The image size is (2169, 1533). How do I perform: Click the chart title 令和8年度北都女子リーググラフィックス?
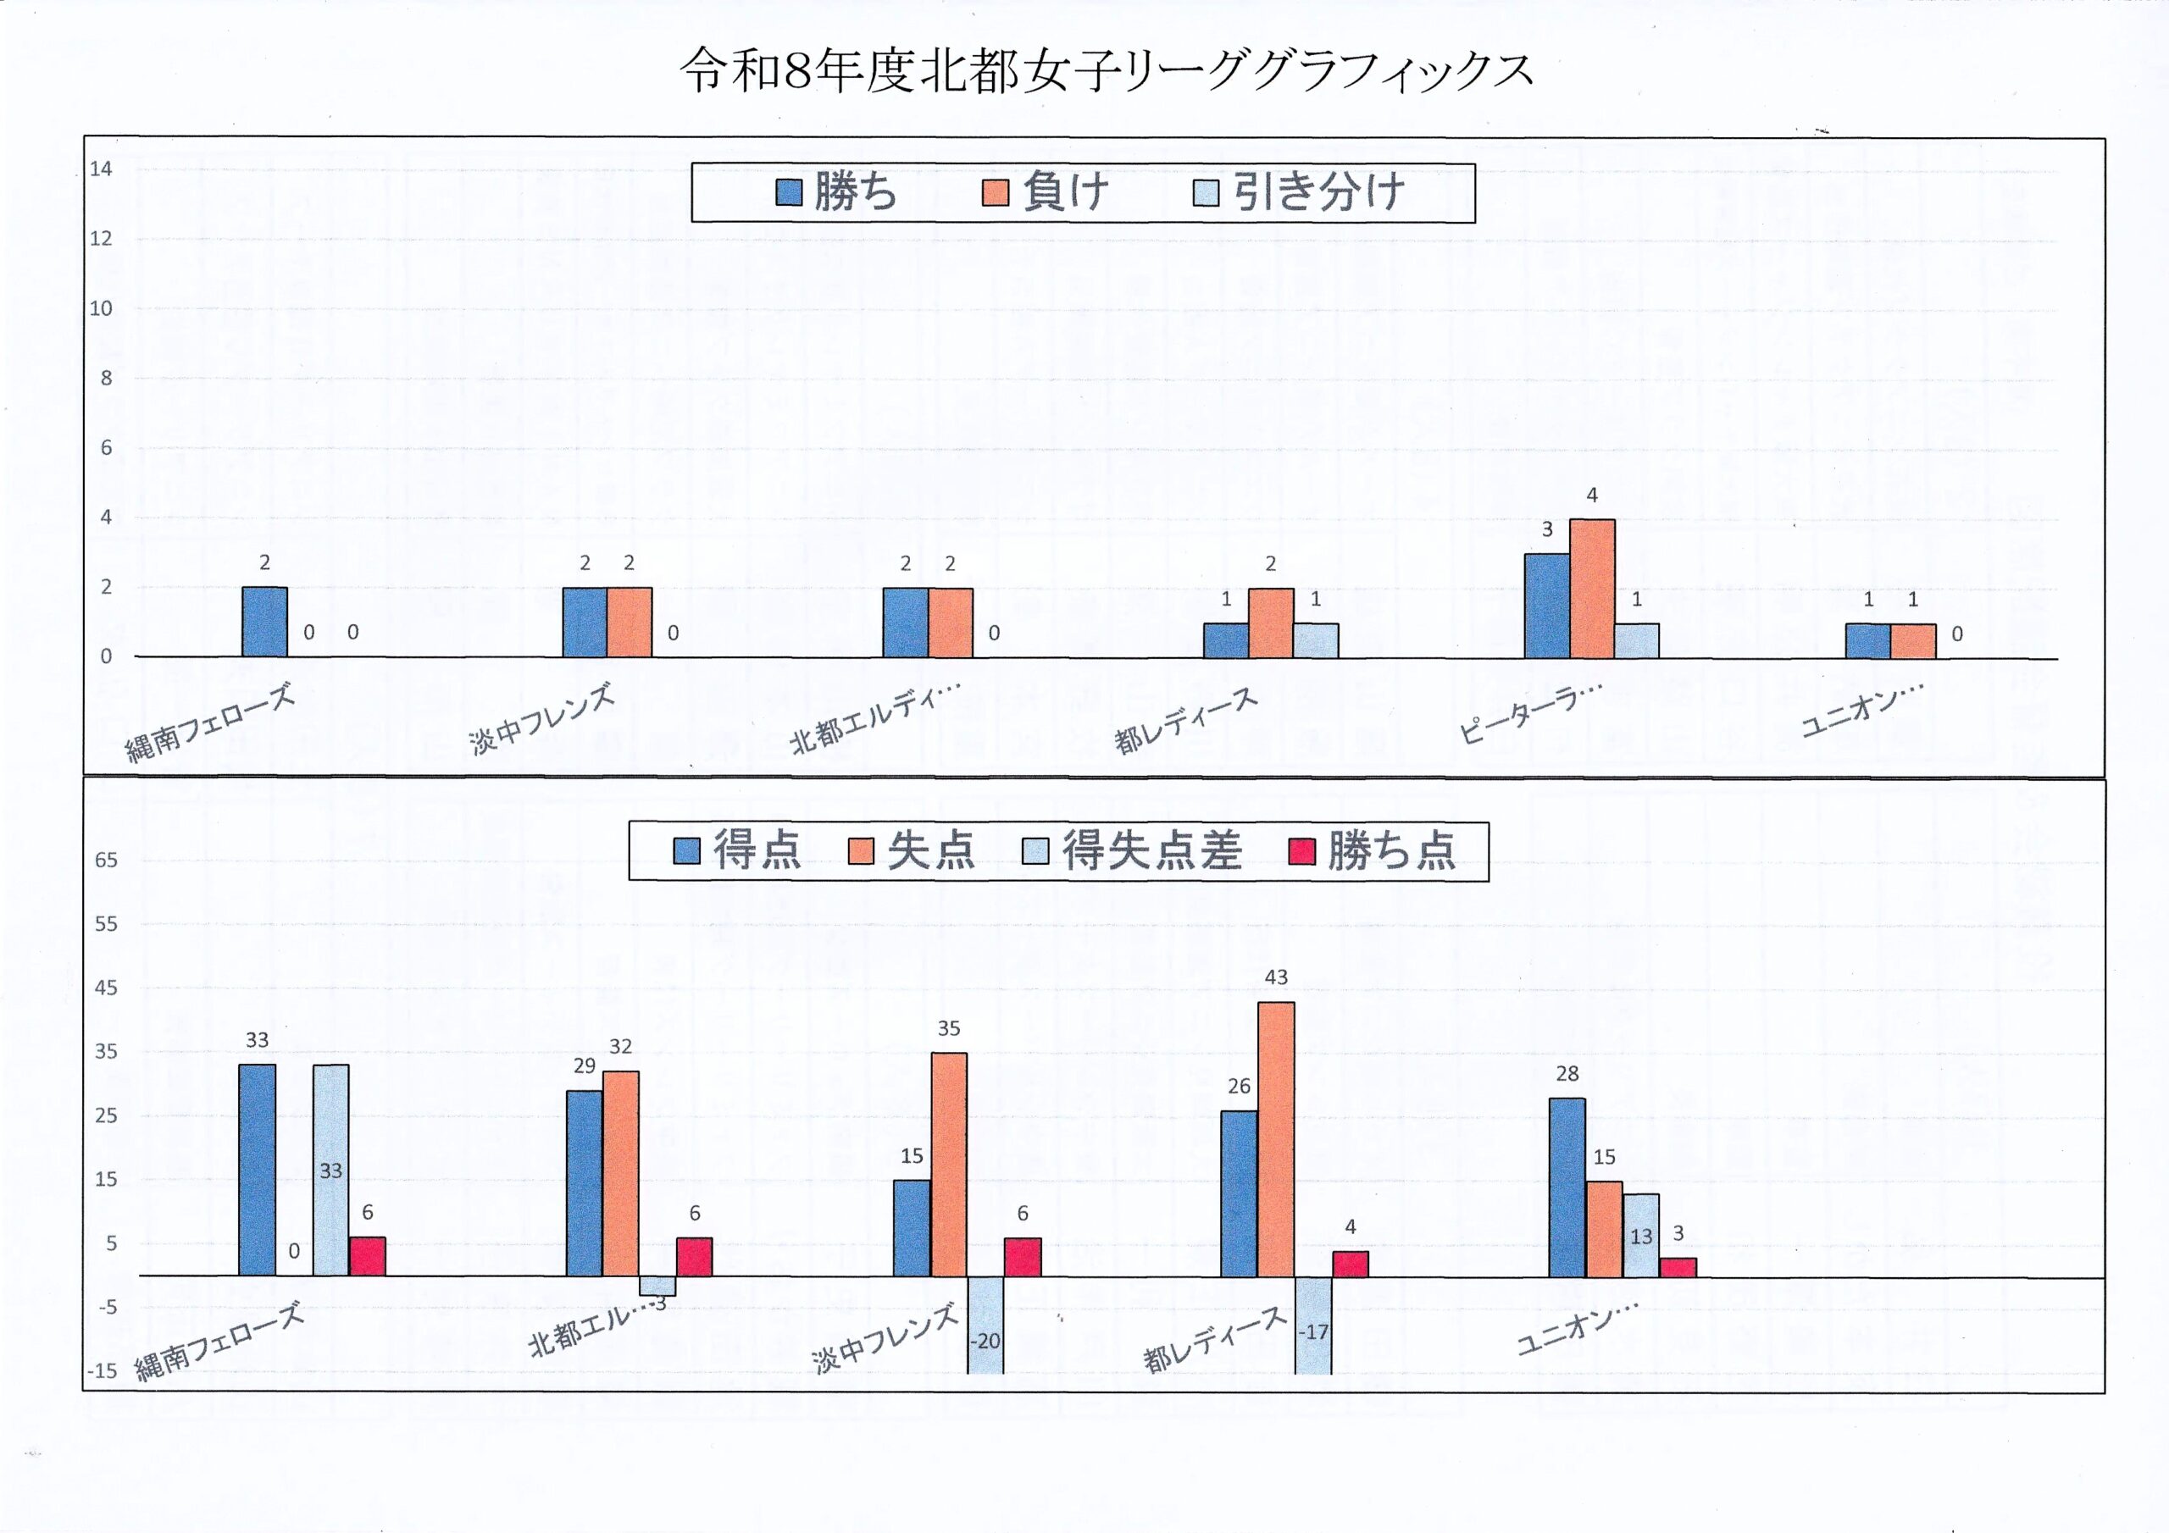1107,72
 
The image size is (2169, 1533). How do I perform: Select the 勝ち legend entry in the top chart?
835,193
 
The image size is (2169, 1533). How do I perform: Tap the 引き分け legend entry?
1300,193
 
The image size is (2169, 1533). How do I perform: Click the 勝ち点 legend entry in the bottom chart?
1373,851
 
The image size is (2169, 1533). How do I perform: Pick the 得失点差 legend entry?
1133,851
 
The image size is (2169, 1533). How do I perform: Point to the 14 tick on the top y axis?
101,169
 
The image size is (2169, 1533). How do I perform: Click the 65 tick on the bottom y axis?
106,860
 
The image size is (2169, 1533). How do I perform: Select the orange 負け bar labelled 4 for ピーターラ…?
1592,588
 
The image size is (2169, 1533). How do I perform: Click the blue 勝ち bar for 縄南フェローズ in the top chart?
264,622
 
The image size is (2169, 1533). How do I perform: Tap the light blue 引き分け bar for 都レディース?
1315,639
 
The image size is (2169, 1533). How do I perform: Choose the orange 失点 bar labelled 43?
1276,1138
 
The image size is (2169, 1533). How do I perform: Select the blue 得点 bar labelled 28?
1567,1187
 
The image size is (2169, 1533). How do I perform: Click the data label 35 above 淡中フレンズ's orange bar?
948,1028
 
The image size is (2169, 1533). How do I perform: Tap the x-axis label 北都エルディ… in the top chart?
874,720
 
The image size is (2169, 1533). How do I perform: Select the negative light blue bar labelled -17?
1313,1325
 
